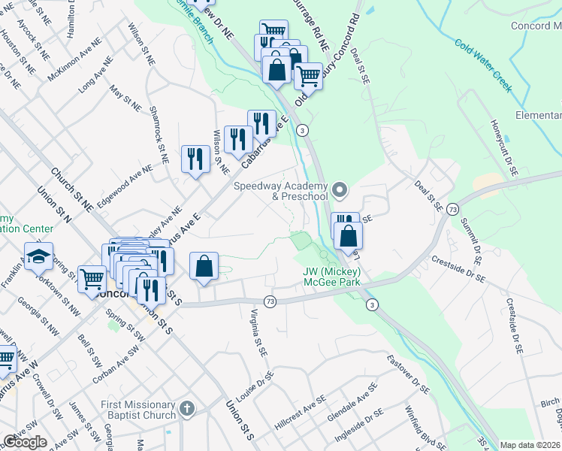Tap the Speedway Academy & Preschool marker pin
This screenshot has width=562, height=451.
(340, 189)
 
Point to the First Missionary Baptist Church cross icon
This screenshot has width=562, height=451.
(186, 410)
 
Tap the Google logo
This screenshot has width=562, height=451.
(25, 441)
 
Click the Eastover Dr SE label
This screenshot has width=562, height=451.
(408, 375)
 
